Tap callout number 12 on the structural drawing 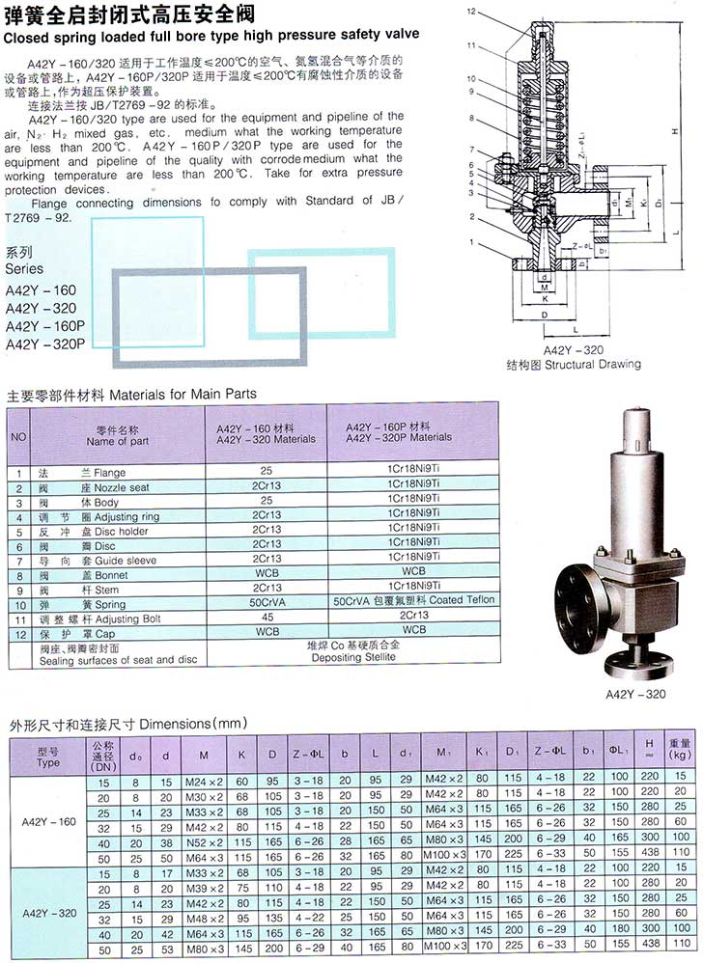click(471, 12)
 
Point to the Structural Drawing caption click(573, 365)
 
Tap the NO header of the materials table click(18, 435)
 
